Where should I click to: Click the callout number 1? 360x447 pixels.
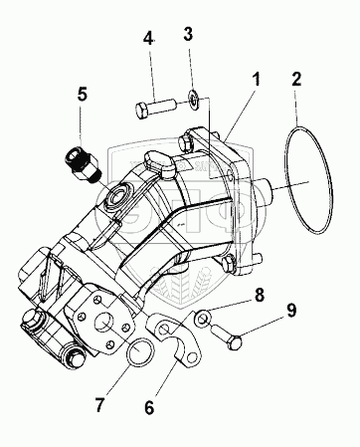[256, 81]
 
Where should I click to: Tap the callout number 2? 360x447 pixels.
[296, 80]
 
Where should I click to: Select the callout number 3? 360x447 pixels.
[188, 34]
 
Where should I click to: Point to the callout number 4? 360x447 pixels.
[148, 38]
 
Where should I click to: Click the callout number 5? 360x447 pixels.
[83, 94]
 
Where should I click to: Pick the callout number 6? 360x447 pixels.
[149, 407]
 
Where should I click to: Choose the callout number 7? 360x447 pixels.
[100, 404]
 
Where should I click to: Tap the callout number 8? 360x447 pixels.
[259, 295]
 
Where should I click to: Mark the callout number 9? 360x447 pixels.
[291, 311]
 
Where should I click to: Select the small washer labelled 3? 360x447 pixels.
[193, 99]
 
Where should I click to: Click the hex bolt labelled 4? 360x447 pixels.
[155, 108]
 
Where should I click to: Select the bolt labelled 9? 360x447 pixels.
[227, 336]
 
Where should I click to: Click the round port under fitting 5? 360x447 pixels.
[116, 198]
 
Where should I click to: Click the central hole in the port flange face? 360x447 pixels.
[104, 324]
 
